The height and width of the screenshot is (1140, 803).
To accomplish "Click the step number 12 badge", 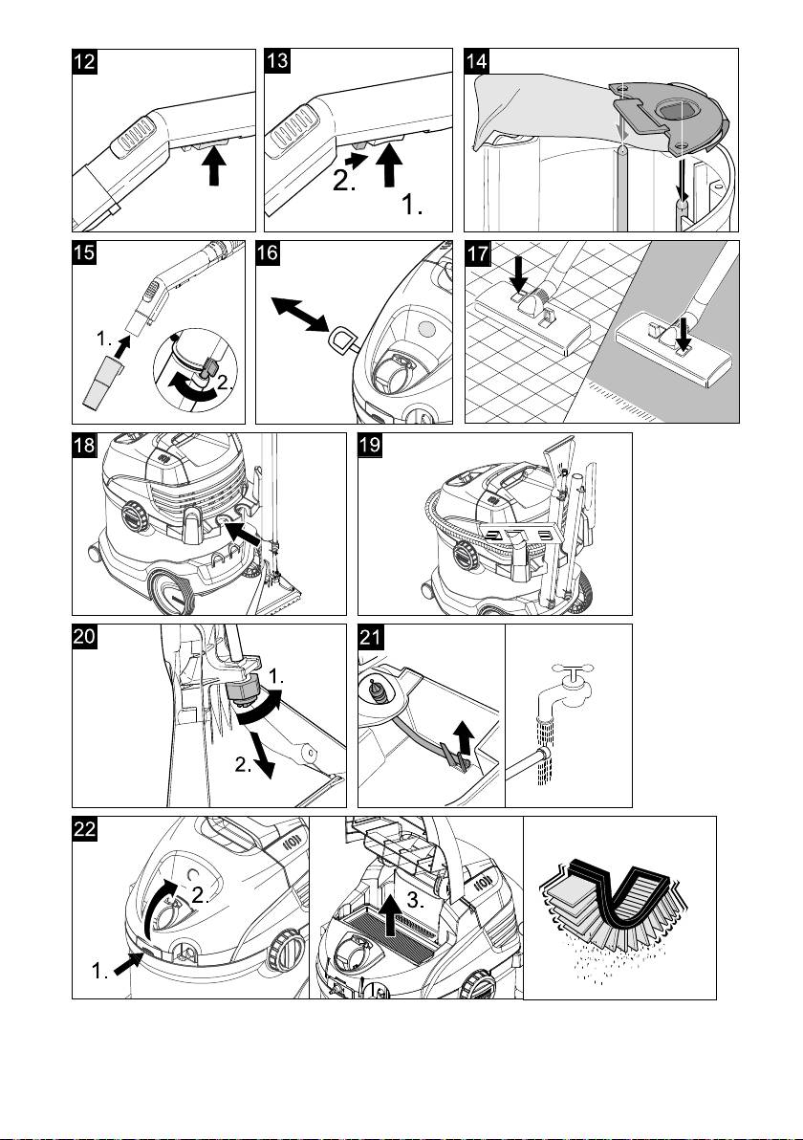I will tap(86, 62).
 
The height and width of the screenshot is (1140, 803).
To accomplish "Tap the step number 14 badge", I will tap(476, 62).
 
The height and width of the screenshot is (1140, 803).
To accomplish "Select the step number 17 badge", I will tap(476, 253).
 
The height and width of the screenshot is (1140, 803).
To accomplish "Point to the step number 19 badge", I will tap(370, 446).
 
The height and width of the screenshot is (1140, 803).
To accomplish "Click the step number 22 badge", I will tap(86, 829).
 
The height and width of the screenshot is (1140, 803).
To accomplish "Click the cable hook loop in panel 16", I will tap(343, 340).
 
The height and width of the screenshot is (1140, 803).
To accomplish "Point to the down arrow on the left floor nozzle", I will tap(518, 273).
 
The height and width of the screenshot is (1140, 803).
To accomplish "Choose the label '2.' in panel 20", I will tap(244, 765).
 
